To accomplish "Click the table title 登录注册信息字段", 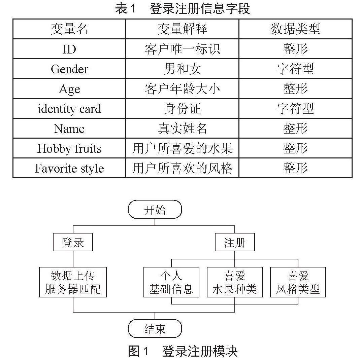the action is point(200,9).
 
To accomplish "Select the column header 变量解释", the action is point(182,29).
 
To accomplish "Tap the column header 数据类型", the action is point(295,29).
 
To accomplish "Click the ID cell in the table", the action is point(69,49).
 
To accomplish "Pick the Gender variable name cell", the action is point(69,69).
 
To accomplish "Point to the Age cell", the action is point(69,89).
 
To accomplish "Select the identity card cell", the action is point(69,109).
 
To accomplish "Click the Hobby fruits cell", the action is point(69,148).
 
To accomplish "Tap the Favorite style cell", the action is point(69,168).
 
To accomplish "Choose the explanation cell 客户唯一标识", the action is point(182,49).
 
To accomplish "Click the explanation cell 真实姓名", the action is point(182,129).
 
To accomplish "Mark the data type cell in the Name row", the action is point(295,129).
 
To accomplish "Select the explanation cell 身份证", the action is point(182,109).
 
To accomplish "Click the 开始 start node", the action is point(155,209).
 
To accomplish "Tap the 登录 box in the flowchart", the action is point(73,242).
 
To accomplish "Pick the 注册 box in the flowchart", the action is point(235,242).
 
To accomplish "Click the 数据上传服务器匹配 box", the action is point(73,282).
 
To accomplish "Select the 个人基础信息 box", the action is point(171,282).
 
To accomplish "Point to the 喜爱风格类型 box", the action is point(298,282).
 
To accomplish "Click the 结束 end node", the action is point(155,329).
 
